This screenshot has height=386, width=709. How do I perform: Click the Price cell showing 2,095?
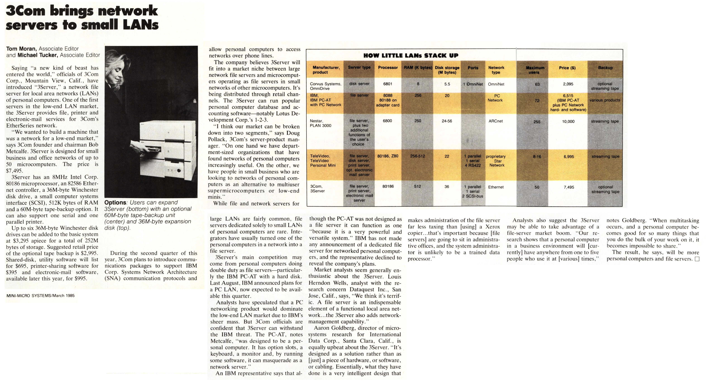pyautogui.click(x=568, y=84)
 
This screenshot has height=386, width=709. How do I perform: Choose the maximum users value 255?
pyautogui.click(x=537, y=122)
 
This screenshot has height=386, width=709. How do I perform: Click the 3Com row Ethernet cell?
pyautogui.click(x=496, y=187)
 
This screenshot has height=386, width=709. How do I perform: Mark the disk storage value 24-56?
pyautogui.click(x=447, y=121)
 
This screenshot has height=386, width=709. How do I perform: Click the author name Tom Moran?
pyautogui.click(x=21, y=49)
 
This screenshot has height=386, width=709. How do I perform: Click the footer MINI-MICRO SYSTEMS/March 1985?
pyautogui.click(x=40, y=296)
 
